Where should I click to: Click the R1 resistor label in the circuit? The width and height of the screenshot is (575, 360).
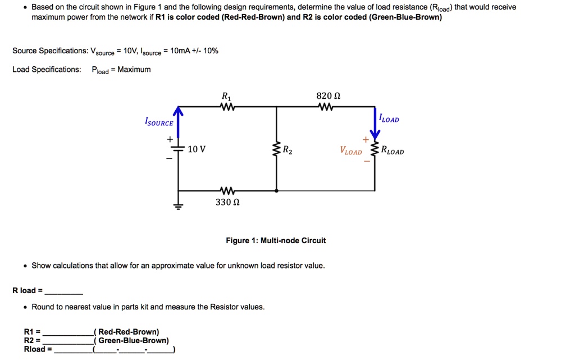tap(226, 95)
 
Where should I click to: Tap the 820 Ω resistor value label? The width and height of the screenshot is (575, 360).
tap(328, 95)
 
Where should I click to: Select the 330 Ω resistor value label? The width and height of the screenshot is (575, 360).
tap(227, 202)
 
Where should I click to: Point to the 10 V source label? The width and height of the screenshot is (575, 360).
tap(197, 149)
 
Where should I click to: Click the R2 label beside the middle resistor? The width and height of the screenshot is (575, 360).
tap(287, 150)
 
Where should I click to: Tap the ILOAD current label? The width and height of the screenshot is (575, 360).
tap(389, 119)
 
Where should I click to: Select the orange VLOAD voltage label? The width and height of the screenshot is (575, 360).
tap(351, 151)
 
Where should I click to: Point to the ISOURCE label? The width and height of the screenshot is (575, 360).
tap(159, 122)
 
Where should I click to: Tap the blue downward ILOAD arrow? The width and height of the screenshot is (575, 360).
tap(375, 124)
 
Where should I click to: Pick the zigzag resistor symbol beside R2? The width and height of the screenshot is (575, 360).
tap(276, 150)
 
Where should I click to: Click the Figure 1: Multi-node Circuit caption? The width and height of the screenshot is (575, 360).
tap(275, 240)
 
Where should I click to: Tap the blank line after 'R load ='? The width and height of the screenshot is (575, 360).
tap(64, 291)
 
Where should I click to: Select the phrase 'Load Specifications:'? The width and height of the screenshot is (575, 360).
tap(47, 70)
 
